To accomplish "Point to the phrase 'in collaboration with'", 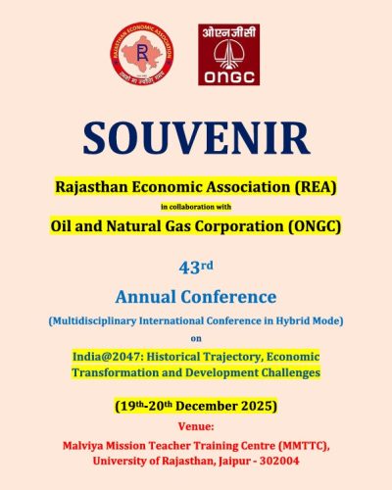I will (196, 207).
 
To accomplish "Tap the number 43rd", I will (196, 267).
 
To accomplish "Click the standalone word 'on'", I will (196, 337).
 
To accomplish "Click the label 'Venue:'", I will (196, 425).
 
